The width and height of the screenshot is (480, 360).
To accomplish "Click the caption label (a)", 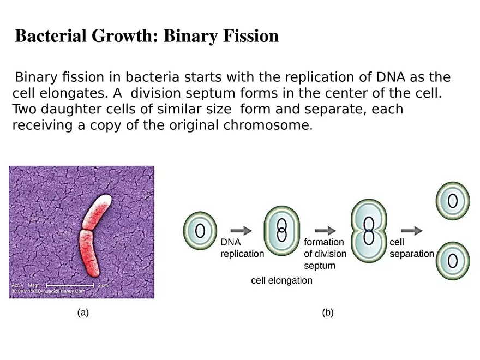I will (x=82, y=313).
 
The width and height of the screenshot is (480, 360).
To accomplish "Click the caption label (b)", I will (x=328, y=313).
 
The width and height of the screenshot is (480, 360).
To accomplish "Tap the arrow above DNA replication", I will (x=241, y=231).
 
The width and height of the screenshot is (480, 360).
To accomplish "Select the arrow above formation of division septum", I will (x=325, y=231).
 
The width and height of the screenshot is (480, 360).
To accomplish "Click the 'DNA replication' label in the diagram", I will (x=242, y=248).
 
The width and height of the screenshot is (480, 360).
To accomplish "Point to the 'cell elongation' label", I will (x=281, y=280).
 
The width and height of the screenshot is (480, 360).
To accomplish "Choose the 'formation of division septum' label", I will (x=325, y=254).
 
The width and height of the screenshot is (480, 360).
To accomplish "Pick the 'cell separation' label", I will (x=411, y=248).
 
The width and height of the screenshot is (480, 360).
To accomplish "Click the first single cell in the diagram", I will (x=200, y=231).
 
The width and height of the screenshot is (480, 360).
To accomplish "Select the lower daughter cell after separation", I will (x=452, y=260).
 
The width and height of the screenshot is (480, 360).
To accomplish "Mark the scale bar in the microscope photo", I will (x=70, y=285).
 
